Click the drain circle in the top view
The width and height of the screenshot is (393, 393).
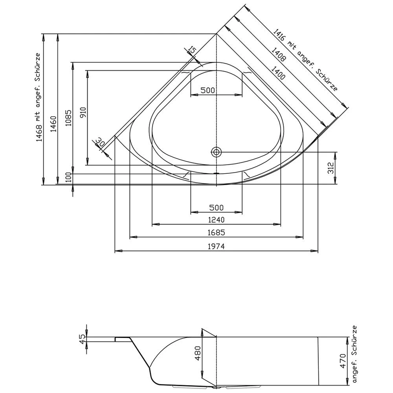click(216, 152)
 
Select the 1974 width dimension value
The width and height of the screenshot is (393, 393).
click(216, 246)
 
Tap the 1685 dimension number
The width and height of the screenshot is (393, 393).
click(216, 232)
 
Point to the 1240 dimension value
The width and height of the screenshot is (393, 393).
click(216, 220)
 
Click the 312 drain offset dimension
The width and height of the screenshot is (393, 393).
click(331, 168)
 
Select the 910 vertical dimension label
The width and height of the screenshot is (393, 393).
click(83, 113)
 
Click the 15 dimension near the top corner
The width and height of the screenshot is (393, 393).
click(191, 50)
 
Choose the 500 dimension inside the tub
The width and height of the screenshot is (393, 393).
click(208, 90)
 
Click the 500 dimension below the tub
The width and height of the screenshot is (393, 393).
click(216, 207)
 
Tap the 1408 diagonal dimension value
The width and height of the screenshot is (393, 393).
click(278, 56)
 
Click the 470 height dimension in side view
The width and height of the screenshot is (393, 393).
click(342, 361)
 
